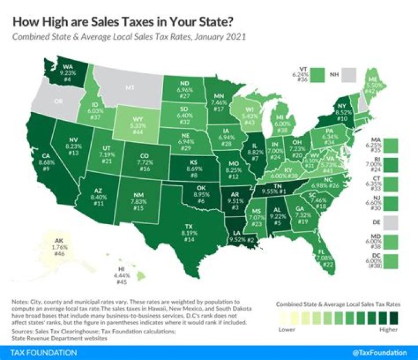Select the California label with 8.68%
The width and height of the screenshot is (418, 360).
tap(33, 169)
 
